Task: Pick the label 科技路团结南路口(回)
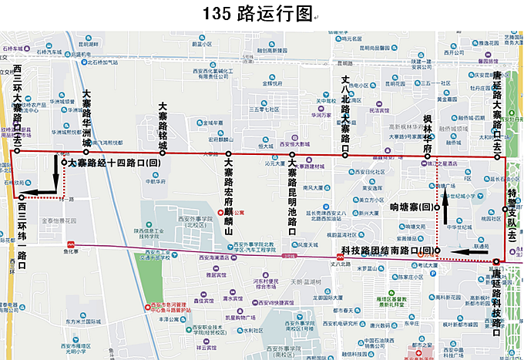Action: click(385, 251)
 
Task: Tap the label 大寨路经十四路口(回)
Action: click(114, 163)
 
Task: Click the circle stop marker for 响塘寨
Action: click(436, 207)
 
